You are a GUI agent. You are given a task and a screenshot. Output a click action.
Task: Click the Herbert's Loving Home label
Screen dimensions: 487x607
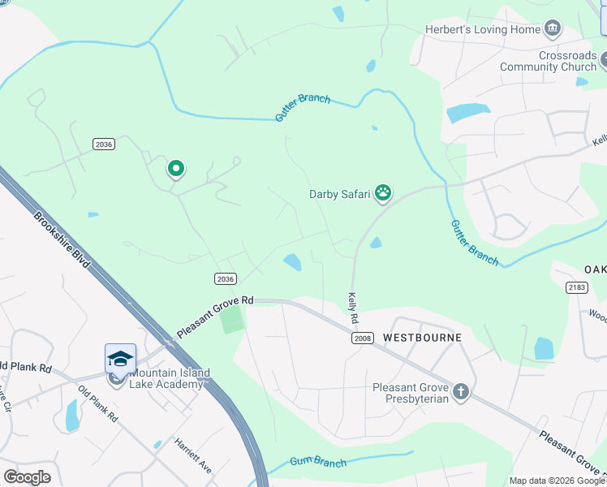click(483, 30)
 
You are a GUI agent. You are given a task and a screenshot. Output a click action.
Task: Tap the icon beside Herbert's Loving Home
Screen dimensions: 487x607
click(553, 30)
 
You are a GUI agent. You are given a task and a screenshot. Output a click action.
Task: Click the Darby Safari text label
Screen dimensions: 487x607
click(339, 193)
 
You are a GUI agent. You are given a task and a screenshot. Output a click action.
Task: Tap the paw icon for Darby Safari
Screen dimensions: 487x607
click(383, 193)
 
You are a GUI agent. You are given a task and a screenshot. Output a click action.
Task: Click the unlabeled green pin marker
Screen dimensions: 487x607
click(175, 169)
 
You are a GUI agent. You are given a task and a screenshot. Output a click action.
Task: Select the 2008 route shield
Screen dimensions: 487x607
click(362, 338)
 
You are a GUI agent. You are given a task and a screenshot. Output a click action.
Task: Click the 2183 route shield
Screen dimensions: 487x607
click(576, 287)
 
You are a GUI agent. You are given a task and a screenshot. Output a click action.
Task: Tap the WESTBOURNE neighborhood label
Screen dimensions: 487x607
click(422, 337)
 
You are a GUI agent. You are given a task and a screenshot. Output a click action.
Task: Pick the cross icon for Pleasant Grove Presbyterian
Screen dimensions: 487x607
click(461, 393)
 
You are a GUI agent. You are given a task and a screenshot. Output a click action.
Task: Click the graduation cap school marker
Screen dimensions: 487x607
click(119, 358)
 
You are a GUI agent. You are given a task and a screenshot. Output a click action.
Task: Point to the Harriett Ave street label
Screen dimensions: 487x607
click(193, 456)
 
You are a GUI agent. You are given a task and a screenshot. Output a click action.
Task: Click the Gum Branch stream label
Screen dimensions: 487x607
click(321, 463)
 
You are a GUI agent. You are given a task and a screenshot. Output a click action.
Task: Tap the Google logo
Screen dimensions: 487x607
click(26, 477)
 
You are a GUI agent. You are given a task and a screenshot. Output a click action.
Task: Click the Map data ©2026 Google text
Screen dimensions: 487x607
click(557, 481)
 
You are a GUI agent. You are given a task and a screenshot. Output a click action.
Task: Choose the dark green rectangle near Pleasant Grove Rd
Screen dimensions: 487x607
click(232, 319)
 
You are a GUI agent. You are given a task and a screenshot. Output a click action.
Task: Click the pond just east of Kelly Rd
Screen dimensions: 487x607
click(376, 243)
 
